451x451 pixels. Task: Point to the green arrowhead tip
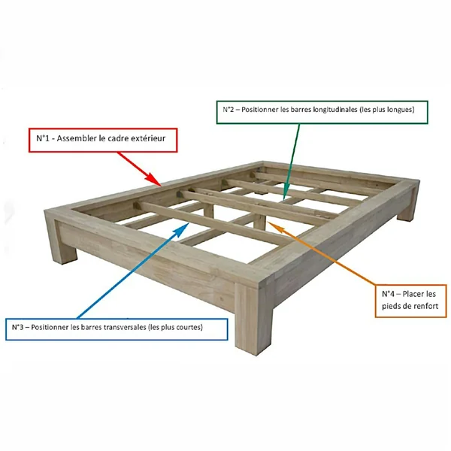point(283,200)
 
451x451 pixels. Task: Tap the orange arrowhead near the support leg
point(275,226)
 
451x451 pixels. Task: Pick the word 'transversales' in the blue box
point(125,327)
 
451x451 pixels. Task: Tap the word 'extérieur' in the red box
point(148,138)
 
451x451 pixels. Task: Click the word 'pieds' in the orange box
point(390,307)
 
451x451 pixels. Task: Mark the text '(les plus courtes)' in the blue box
point(175,327)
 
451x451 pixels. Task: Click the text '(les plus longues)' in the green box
point(387,110)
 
